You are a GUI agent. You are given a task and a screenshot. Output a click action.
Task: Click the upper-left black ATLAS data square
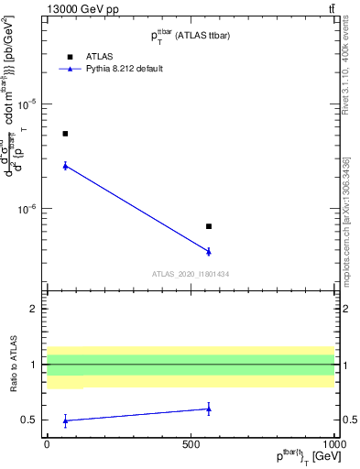pos(65,134)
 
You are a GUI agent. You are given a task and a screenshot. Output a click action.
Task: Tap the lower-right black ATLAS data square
pos(209,226)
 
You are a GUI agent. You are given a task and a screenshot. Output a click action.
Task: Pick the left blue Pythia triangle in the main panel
pos(65,165)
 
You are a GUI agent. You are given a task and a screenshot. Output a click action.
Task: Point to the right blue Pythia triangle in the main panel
pos(209,251)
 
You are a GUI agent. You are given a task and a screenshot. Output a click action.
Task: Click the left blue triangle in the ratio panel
pos(65,420)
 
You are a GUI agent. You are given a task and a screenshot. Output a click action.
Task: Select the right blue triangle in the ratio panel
pos(209,409)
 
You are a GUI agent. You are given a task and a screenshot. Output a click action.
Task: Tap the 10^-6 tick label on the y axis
pos(27,209)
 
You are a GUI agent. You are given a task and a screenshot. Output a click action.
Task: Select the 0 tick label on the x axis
pos(47,442)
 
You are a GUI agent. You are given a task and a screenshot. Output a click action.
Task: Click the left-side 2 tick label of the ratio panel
pos(34,309)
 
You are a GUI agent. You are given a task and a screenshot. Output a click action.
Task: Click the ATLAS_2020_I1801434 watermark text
pos(191,274)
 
